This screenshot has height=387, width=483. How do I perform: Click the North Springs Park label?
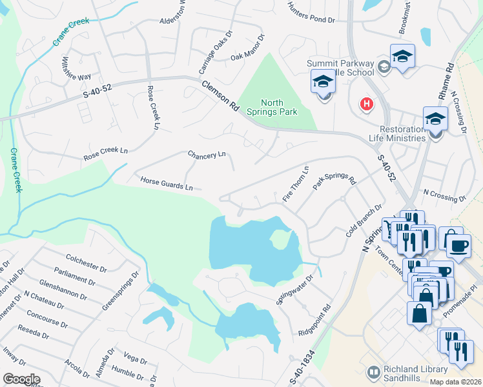pyautogui.click(x=279, y=107)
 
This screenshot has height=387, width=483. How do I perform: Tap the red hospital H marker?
pyautogui.click(x=366, y=103)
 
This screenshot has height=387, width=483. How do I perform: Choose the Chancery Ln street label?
pyautogui.click(x=207, y=155)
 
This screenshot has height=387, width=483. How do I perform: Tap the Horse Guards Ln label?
pyautogui.click(x=167, y=183)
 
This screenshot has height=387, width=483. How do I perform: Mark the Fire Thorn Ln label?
pyautogui.click(x=296, y=183)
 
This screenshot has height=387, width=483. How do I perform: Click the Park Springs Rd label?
pyautogui.click(x=334, y=179)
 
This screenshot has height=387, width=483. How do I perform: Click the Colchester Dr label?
pyautogui.click(x=85, y=262)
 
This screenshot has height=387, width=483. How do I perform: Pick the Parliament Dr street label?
pyautogui.click(x=76, y=273)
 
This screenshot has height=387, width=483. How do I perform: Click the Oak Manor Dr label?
pyautogui.click(x=248, y=48)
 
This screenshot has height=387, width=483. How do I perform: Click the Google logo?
pyautogui.click(x=21, y=379)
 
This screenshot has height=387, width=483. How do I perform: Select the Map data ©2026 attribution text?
pyautogui.click(x=456, y=382)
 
